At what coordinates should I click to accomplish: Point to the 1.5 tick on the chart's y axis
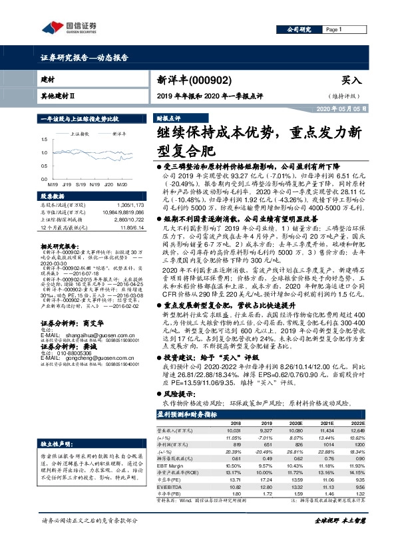point(45,140)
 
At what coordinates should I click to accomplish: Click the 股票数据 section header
point(53,197)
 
